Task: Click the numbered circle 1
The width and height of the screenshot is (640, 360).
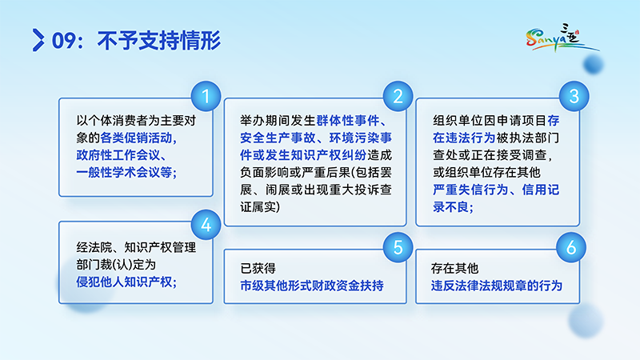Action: tap(206, 98)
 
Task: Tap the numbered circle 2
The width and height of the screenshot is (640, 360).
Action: tap(398, 98)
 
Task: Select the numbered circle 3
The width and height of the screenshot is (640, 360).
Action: tap(573, 98)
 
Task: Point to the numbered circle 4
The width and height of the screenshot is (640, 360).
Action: tap(206, 226)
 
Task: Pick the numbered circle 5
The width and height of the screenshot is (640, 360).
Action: tap(398, 247)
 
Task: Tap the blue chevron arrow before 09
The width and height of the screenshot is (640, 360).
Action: tap(37, 38)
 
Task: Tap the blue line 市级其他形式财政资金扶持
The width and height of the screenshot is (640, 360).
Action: tap(312, 285)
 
